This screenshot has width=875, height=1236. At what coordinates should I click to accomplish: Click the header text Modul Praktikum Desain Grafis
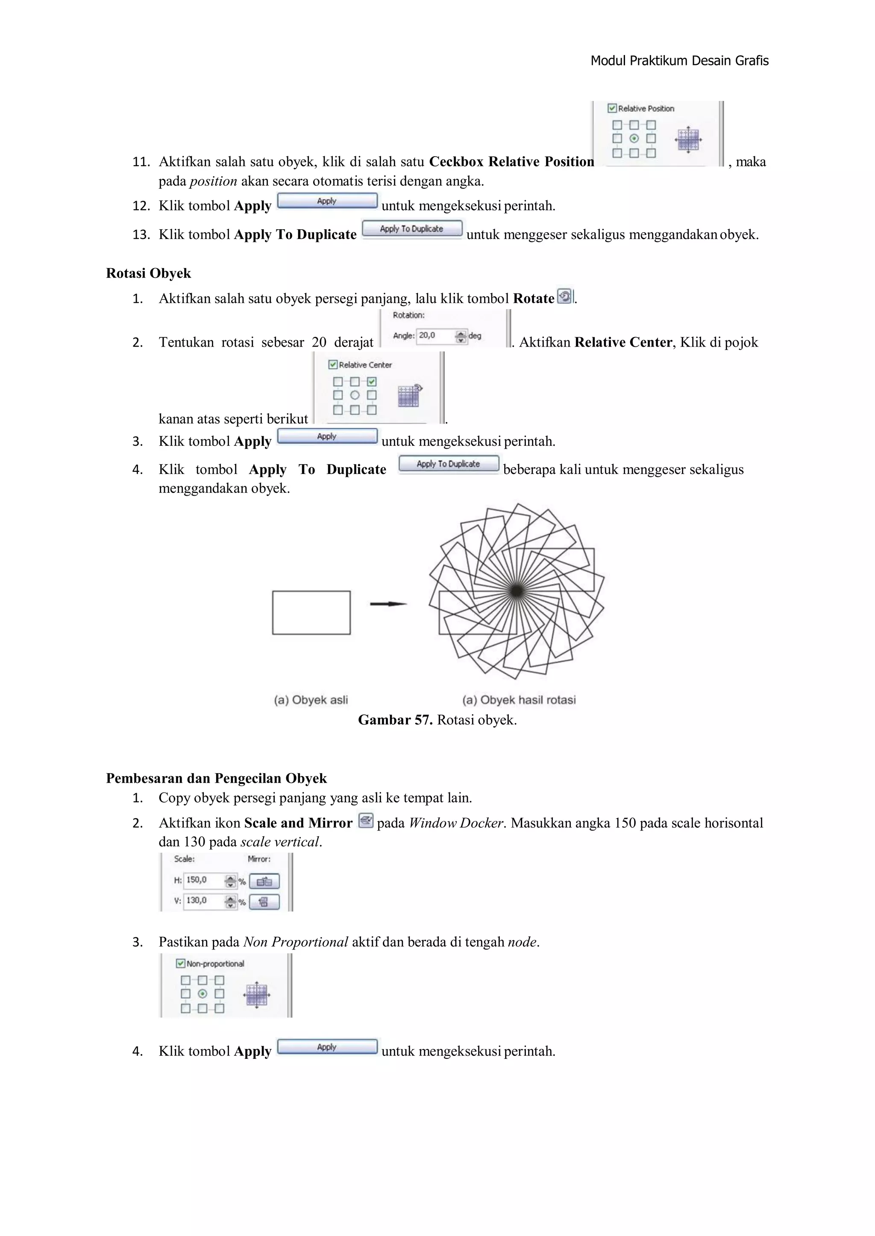coord(679,61)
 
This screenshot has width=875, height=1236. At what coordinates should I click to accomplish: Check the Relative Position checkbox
coord(612,108)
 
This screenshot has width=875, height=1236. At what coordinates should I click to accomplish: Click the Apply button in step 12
coord(326,201)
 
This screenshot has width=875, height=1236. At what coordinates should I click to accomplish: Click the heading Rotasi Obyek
coord(148,274)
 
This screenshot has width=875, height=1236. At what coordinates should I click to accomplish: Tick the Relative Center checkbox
coord(333,365)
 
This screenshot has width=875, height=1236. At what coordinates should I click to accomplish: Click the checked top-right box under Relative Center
coord(372,382)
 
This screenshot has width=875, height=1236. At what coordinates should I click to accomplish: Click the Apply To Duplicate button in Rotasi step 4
coord(448,464)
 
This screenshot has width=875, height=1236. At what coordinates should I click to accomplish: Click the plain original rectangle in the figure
coord(311,613)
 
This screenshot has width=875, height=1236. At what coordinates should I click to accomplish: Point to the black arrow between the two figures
coord(388,604)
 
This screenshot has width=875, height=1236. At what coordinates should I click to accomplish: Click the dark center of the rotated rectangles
coord(516,591)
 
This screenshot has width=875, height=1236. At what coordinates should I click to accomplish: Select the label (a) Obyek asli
coord(311,700)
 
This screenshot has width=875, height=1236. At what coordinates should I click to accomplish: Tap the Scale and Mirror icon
coord(365,821)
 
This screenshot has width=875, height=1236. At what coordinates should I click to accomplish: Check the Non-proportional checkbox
coord(181,964)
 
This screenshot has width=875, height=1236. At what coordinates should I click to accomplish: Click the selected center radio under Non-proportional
coord(203,994)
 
